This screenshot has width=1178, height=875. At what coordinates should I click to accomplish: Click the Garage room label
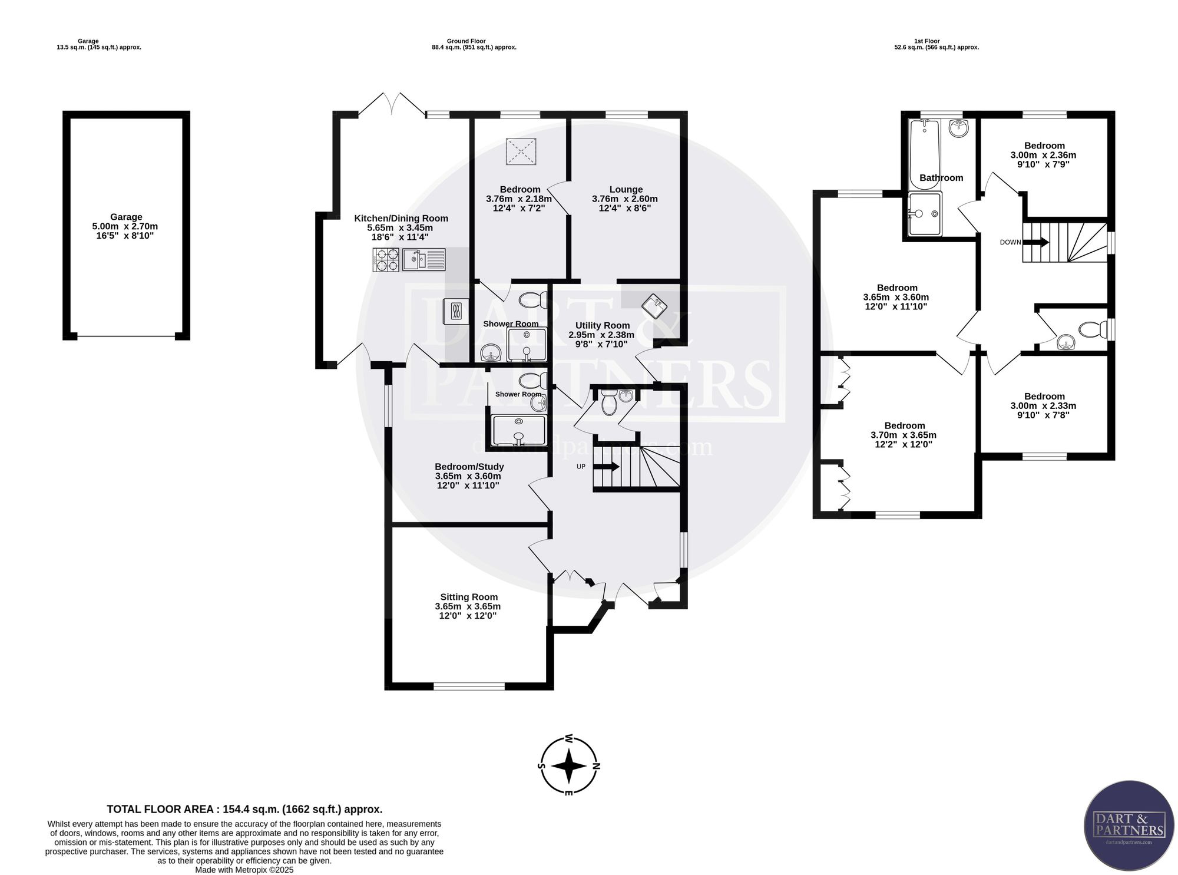125,217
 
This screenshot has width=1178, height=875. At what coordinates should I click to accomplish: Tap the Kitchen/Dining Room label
401,219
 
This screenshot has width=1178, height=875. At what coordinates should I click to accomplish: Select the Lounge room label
626,190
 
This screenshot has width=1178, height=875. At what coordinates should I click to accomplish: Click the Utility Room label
603,325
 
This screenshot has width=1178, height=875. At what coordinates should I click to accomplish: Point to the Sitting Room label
469,597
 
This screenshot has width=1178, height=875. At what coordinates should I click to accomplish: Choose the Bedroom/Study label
469,467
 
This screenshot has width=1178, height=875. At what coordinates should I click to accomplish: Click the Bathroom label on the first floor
941,178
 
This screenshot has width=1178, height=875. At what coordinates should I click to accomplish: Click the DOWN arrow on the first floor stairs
1036,242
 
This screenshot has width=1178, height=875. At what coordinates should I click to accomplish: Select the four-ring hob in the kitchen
386,260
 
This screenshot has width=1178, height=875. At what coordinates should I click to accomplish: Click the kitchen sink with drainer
425,260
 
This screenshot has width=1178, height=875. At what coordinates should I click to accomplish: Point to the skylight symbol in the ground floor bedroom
521,151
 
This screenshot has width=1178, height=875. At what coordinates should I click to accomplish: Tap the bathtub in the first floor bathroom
925,154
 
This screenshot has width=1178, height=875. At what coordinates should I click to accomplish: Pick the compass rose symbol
568,765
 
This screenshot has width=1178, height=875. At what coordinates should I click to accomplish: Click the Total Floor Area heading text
244,810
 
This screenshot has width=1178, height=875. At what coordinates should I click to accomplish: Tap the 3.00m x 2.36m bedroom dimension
1043,156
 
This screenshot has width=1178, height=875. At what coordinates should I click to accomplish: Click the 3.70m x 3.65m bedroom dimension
904,435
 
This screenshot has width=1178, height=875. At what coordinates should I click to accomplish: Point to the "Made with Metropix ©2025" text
244,870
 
